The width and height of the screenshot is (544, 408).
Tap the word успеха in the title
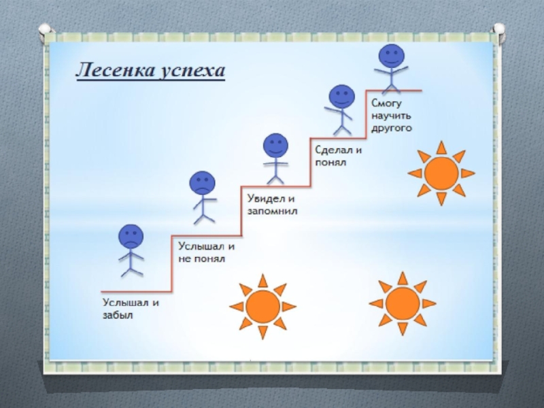193,71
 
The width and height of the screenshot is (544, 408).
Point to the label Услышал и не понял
207,252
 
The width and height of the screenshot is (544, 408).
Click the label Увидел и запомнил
270,205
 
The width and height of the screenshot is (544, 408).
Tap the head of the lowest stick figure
131,237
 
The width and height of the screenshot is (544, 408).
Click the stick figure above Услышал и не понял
203,197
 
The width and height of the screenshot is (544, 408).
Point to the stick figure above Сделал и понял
341,109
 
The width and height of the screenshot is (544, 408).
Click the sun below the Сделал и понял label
441,173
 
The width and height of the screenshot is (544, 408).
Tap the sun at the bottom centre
262,306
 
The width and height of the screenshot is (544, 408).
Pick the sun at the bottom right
402,303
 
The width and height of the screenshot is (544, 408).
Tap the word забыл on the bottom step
118,315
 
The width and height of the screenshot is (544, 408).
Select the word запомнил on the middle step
270,211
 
